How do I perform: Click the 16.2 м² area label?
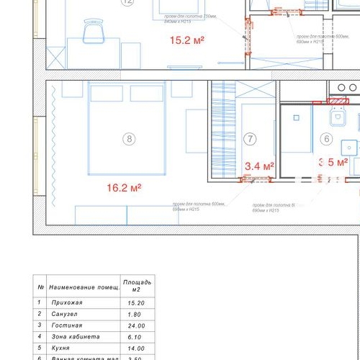pyautogui.click(x=124, y=188)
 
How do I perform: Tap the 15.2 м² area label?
pyautogui.click(x=186, y=41)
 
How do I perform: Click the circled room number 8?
pyautogui.click(x=129, y=139)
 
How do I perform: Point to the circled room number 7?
pyautogui.click(x=250, y=139)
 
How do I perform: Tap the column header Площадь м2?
pyautogui.click(x=136, y=285)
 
